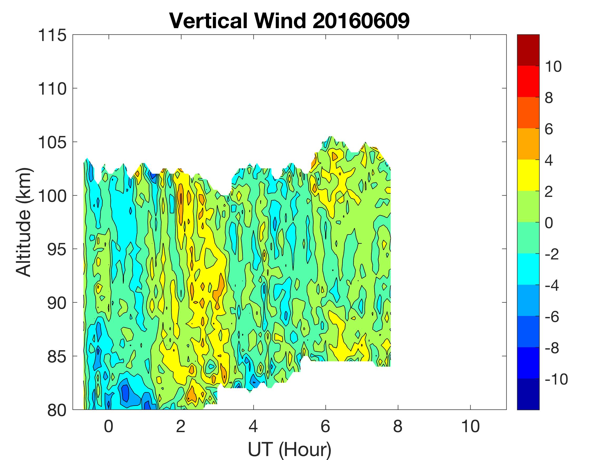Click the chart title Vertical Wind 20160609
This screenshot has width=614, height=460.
pos(289,21)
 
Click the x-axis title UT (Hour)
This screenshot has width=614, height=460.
pos(289,449)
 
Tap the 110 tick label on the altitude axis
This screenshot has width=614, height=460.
pos(52,89)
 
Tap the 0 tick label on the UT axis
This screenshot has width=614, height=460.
pos(108,426)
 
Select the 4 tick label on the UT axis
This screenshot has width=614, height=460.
pos(253,426)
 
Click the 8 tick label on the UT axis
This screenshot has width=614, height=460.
pos(398,426)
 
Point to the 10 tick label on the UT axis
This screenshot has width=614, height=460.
pos(471,426)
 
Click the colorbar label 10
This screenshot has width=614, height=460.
pos(553,67)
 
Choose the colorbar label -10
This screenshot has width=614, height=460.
pos(556,379)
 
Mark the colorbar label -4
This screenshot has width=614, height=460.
pos(552,285)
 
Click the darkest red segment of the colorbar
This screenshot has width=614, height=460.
pos(528,50)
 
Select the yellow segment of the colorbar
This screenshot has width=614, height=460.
pos(528,175)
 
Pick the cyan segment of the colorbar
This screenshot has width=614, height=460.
pos(528,269)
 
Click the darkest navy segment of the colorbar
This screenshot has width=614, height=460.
pos(528,394)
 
